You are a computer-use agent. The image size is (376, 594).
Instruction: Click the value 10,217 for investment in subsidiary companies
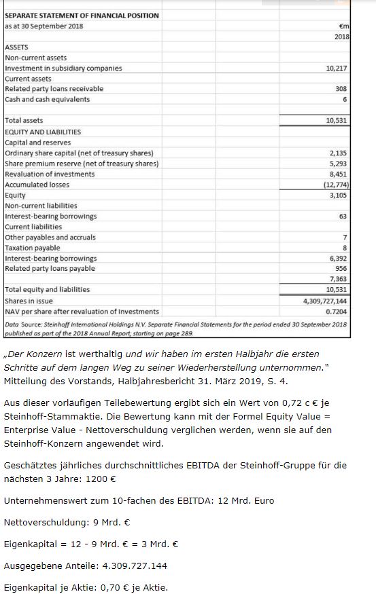337,68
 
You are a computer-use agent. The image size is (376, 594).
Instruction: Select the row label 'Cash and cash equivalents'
48,100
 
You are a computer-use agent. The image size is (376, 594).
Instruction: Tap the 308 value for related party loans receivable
341,89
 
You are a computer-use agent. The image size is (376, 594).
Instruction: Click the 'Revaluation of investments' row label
50,174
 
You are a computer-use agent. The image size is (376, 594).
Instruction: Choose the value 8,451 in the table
338,174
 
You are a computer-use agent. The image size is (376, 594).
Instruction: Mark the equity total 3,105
338,195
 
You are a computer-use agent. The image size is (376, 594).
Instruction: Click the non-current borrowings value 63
343,216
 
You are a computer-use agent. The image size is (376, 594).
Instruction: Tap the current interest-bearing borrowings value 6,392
338,259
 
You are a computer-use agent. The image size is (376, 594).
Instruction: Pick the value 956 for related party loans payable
341,269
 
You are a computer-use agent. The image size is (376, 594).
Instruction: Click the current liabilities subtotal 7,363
338,279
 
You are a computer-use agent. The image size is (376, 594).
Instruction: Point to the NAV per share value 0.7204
337,311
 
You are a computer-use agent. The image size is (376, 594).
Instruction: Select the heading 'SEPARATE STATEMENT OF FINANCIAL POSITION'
82,15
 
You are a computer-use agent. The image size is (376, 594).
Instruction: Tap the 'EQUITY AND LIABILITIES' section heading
43,132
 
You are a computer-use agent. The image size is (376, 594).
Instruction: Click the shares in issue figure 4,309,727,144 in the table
325,301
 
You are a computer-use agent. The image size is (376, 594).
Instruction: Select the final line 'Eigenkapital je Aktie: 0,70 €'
86,587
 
